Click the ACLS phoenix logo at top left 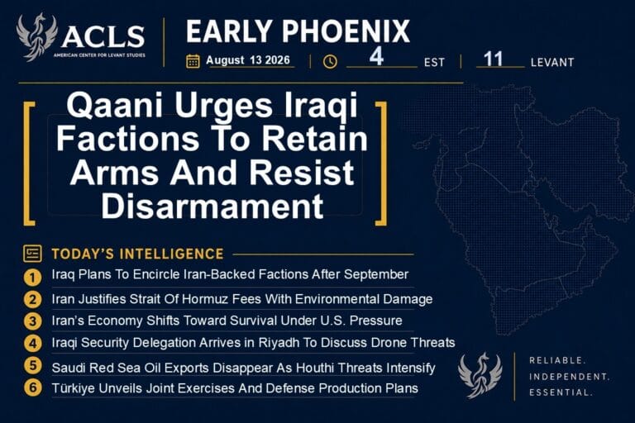click(36, 37)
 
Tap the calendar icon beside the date click(193, 61)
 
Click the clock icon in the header click(330, 61)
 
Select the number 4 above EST click(376, 56)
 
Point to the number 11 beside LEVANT click(493, 59)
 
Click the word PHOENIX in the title click(346, 31)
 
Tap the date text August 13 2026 click(248, 60)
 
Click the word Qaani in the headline click(115, 105)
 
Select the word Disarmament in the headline click(212, 207)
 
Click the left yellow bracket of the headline click(27, 163)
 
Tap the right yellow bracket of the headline click(382, 163)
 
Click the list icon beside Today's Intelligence click(32, 254)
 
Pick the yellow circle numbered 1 click(32, 278)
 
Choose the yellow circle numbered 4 click(32, 343)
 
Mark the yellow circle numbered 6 click(32, 387)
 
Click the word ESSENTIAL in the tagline click(561, 392)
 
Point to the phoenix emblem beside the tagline click(480, 375)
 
